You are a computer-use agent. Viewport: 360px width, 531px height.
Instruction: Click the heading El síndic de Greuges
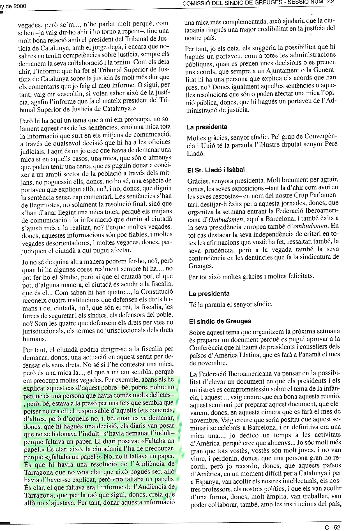(220, 321)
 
